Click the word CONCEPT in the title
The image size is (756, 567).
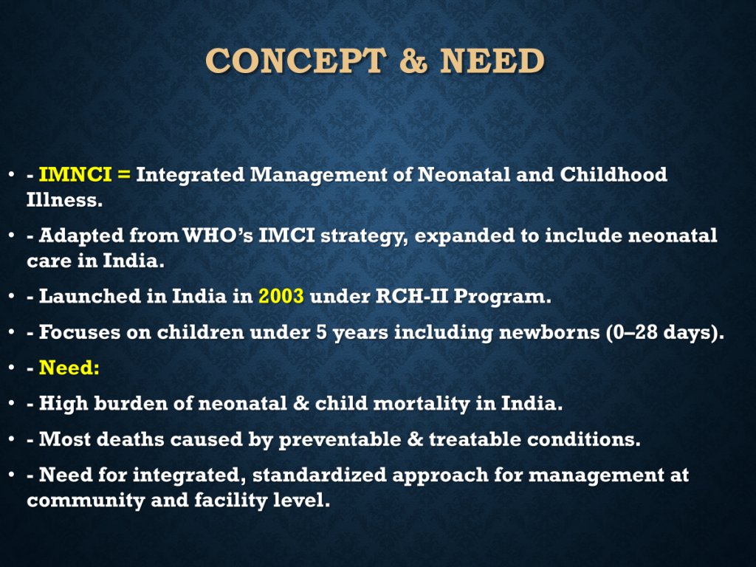pyautogui.click(x=295, y=61)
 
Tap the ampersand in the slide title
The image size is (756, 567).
pyautogui.click(x=413, y=61)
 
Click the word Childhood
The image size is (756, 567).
pyautogui.click(x=614, y=174)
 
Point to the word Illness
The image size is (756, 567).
pyautogui.click(x=65, y=199)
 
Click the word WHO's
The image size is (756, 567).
pyautogui.click(x=218, y=236)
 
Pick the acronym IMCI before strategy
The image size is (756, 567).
pyautogui.click(x=287, y=236)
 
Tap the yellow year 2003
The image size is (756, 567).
pyautogui.click(x=281, y=296)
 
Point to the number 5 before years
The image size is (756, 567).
pyautogui.click(x=322, y=332)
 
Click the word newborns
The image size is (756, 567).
pyautogui.click(x=549, y=332)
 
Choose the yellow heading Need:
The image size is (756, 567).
pyautogui.click(x=69, y=368)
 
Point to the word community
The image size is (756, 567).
pyautogui.click(x=86, y=501)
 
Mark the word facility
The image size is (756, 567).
pyautogui.click(x=231, y=501)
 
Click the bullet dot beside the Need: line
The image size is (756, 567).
pyautogui.click(x=12, y=368)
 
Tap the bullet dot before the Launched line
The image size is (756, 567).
pyautogui.click(x=12, y=296)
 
